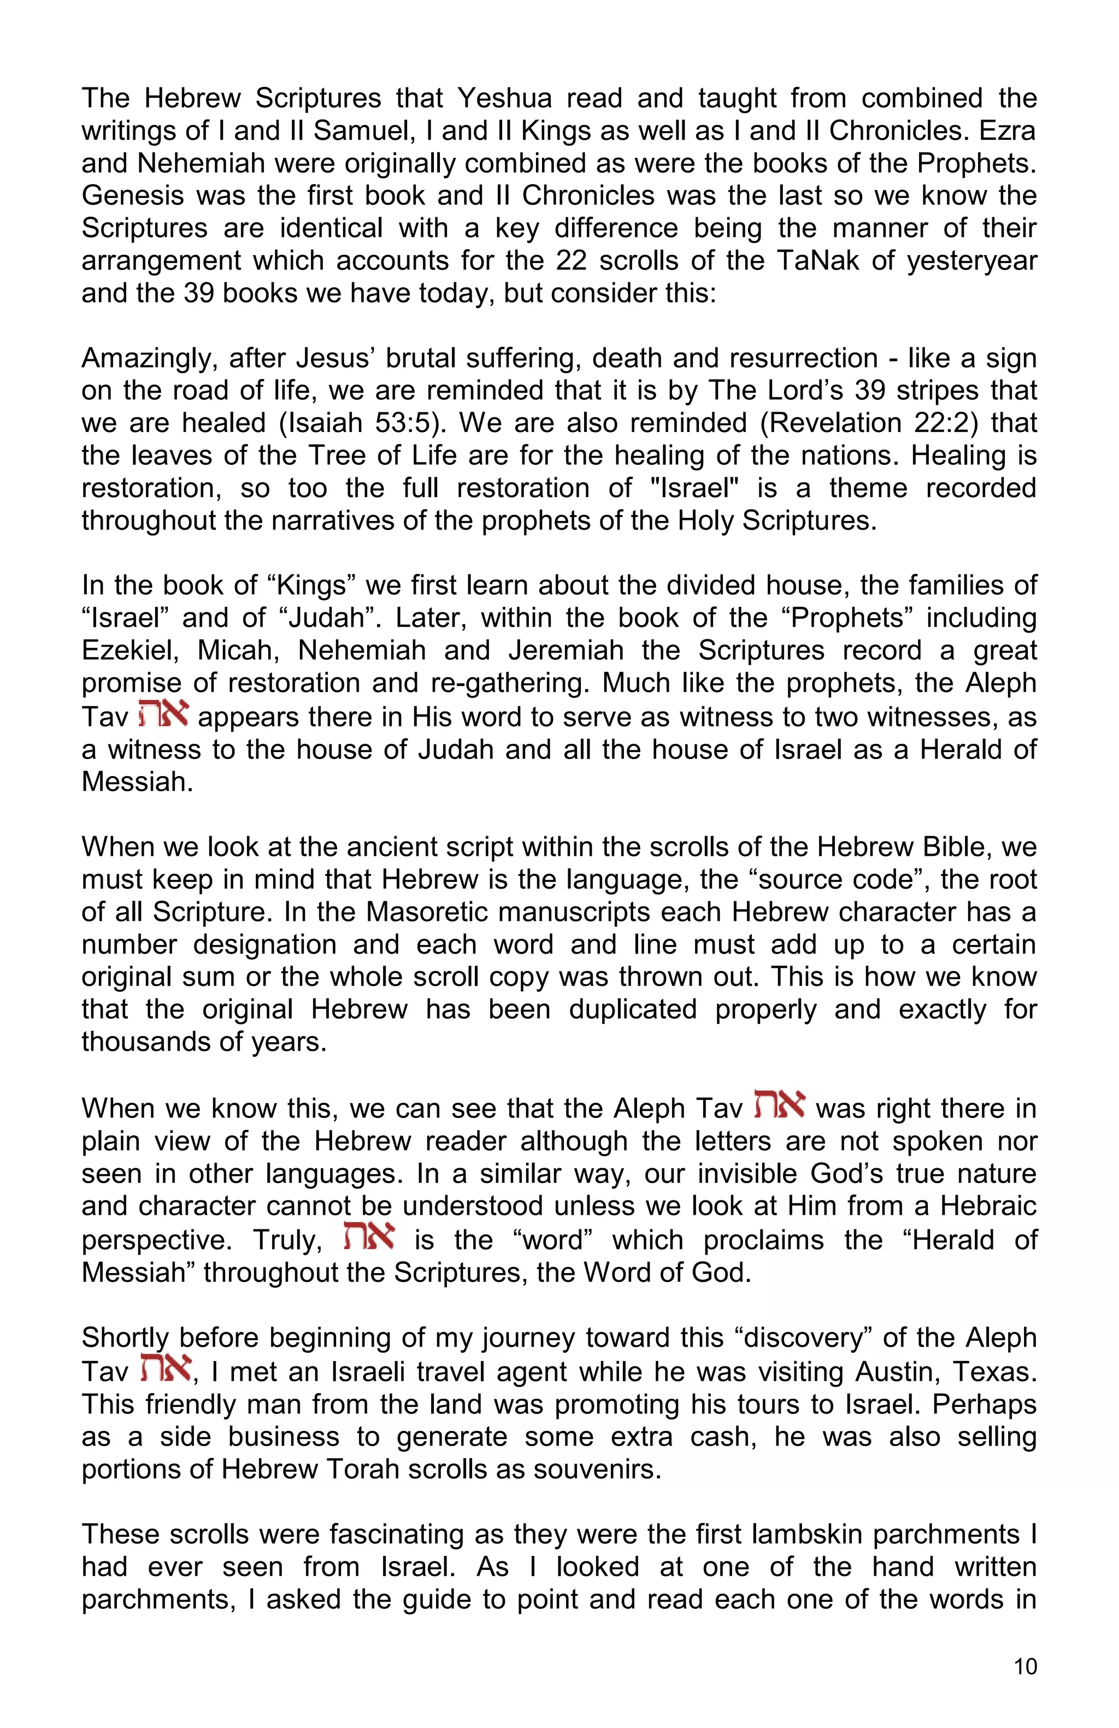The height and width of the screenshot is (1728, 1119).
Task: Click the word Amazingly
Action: click(x=148, y=359)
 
